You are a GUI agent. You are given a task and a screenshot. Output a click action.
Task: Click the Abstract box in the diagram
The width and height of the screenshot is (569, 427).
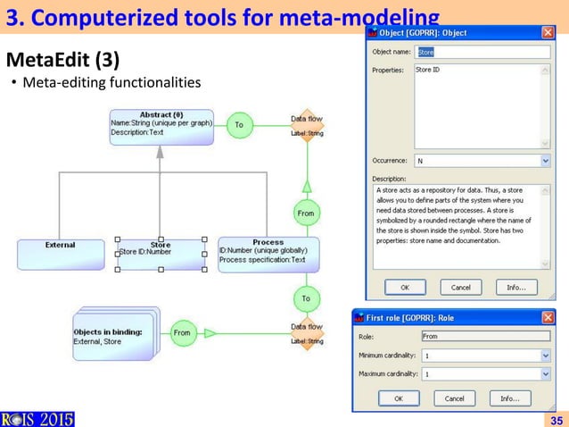tap(161, 126)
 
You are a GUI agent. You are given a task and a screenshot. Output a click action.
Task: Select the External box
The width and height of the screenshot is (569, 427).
tap(60, 251)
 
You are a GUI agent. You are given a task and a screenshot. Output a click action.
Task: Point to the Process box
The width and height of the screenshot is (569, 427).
tap(268, 254)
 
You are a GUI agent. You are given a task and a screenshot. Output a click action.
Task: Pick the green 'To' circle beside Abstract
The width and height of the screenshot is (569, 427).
tap(239, 125)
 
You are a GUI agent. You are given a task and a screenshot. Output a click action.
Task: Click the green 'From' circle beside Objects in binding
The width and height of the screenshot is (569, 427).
tap(182, 333)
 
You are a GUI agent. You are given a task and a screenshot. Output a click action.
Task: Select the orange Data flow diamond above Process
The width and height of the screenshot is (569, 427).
tap(306, 127)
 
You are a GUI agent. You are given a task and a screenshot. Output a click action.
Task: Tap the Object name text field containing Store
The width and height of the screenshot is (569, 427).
tap(482, 52)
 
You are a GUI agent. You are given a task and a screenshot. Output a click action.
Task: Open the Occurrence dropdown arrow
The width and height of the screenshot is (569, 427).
tap(545, 161)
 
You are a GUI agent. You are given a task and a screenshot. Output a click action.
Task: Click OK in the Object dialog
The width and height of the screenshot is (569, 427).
tap(404, 288)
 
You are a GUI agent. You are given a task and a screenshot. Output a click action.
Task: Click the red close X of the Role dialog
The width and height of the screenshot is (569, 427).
tap(545, 316)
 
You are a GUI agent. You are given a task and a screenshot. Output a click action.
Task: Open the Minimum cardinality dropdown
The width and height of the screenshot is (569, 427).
tap(545, 355)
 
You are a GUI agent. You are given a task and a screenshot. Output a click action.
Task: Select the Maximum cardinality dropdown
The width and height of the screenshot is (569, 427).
tap(545, 373)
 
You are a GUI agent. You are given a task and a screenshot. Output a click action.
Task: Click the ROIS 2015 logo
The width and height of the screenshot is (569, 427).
tap(37, 416)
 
